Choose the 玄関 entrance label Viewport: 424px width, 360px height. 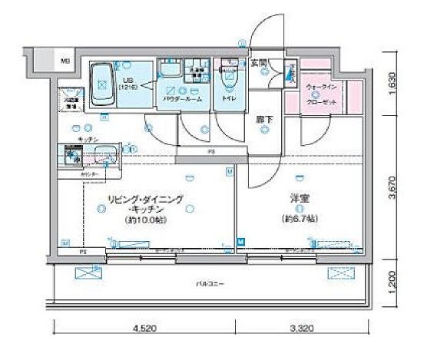(x=258, y=63)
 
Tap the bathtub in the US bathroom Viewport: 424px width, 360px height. (x=104, y=84)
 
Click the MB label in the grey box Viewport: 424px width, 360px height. (x=65, y=61)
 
